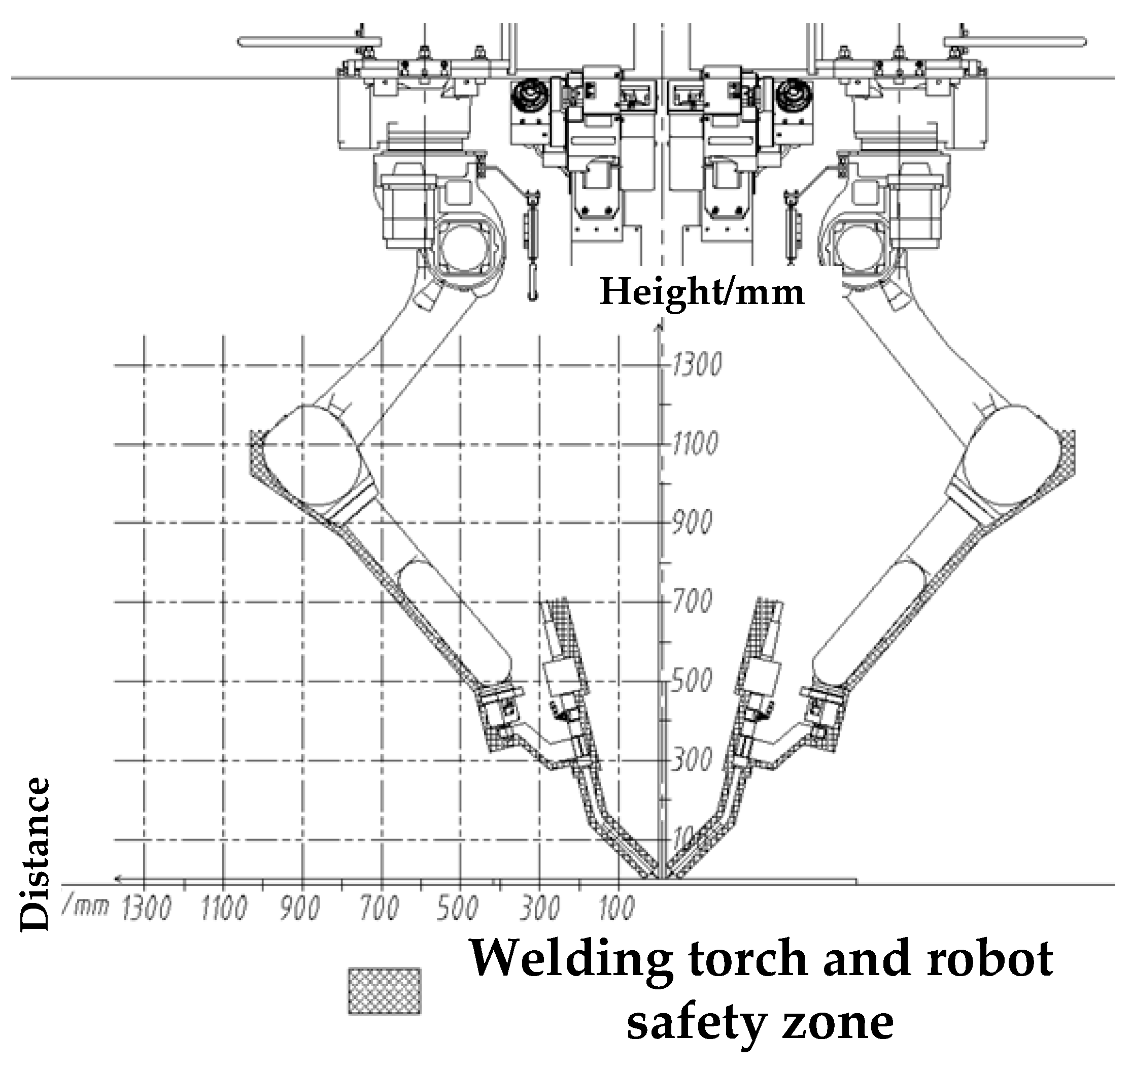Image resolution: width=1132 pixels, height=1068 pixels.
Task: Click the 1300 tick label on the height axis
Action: pos(696,364)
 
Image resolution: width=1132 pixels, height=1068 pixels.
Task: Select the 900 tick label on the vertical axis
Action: pos(691,523)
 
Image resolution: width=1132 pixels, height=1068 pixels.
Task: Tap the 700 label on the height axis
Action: pos(691,602)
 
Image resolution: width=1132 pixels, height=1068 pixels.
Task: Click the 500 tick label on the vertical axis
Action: pos(691,681)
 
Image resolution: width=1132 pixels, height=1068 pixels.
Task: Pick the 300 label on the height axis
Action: pos(691,760)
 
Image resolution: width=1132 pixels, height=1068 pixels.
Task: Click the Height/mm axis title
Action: pos(702,293)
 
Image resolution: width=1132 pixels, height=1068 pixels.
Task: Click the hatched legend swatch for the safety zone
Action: pos(385,991)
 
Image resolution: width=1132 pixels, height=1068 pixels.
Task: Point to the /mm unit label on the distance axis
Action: pos(85,906)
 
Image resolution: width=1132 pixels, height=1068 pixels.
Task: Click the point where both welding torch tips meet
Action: pos(661,878)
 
